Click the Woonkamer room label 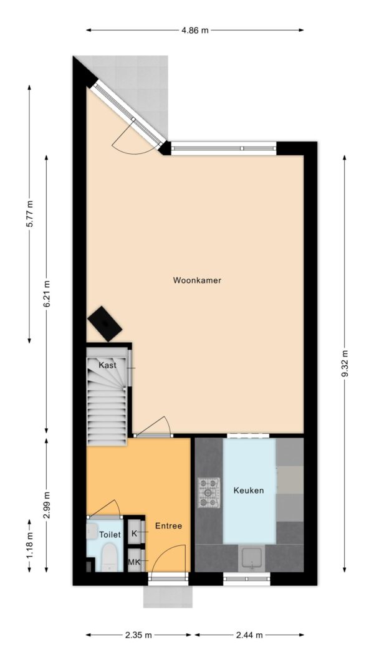pyautogui.click(x=197, y=280)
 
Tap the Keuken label pyautogui.click(x=249, y=490)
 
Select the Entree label pyautogui.click(x=168, y=526)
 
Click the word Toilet pyautogui.click(x=110, y=535)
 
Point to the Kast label pyautogui.click(x=107, y=365)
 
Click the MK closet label pyautogui.click(x=134, y=562)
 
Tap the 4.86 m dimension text pyautogui.click(x=195, y=30)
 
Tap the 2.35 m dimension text pyautogui.click(x=138, y=635)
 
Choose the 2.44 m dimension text pyautogui.click(x=249, y=635)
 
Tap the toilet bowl pyautogui.click(x=107, y=556)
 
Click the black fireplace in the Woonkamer pyautogui.click(x=105, y=323)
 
